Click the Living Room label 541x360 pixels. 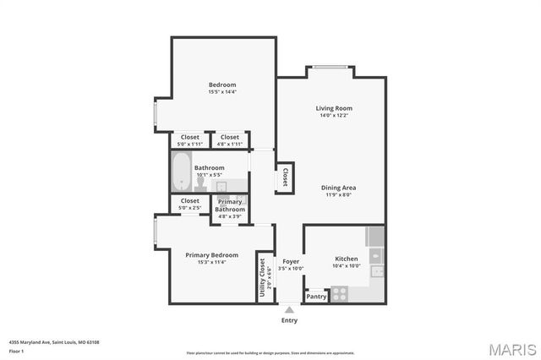click(334, 108)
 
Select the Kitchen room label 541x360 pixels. click(347, 259)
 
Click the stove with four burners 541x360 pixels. click(340, 294)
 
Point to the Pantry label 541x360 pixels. click(316, 297)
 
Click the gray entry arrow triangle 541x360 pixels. click(289, 310)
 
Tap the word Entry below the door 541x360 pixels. click(289, 320)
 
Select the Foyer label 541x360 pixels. click(291, 261)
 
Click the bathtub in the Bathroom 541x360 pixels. click(181, 172)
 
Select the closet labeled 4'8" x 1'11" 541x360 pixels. click(229, 140)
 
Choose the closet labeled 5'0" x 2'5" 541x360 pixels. click(190, 204)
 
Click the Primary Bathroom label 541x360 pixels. click(230, 205)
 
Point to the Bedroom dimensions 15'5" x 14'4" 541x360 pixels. click(222, 92)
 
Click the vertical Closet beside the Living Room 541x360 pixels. click(286, 177)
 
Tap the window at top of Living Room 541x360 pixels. click(331, 68)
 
